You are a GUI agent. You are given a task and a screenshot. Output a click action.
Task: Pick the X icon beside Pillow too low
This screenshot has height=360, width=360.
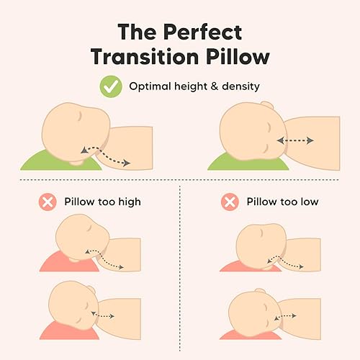[230, 202]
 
